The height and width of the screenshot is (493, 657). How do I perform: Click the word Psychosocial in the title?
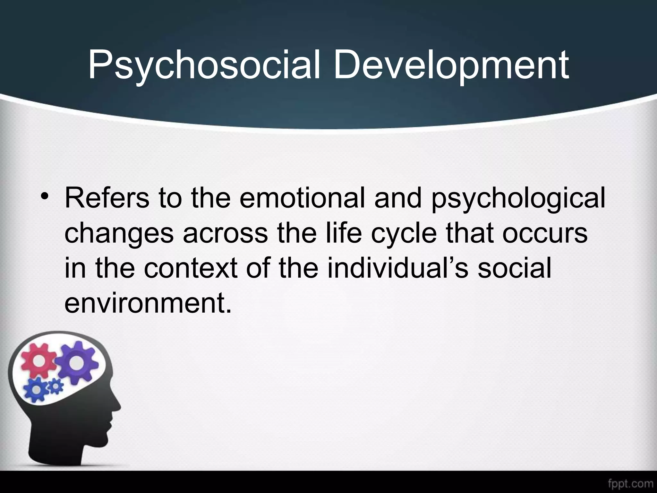pyautogui.click(x=204, y=65)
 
